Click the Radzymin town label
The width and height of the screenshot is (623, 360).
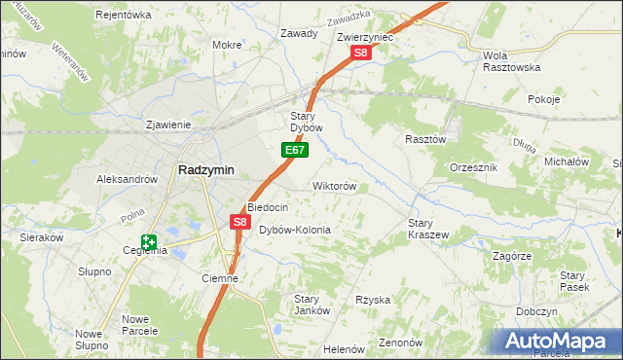coord(204,169)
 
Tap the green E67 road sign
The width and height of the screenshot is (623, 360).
coord(296,151)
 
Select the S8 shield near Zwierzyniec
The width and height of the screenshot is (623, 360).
coord(360,53)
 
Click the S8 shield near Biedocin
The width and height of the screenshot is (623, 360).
coord(240,223)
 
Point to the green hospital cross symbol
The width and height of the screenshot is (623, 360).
coord(148,242)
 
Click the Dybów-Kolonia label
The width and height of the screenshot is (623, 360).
coord(294,231)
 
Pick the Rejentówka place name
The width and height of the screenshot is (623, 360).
coord(124,16)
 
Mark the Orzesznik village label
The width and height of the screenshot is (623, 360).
coord(474,167)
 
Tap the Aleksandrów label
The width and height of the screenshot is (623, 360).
coord(127,179)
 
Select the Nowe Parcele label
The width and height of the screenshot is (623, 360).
coord(141,325)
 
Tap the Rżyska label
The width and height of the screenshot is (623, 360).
coord(373,300)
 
